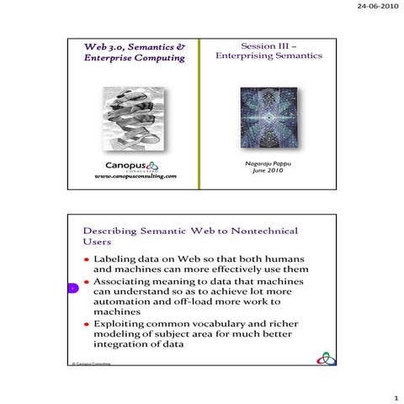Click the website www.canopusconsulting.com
point(136,177)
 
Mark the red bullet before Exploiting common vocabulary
point(87,323)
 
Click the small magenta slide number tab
point(73,290)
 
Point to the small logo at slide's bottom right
point(324,359)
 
